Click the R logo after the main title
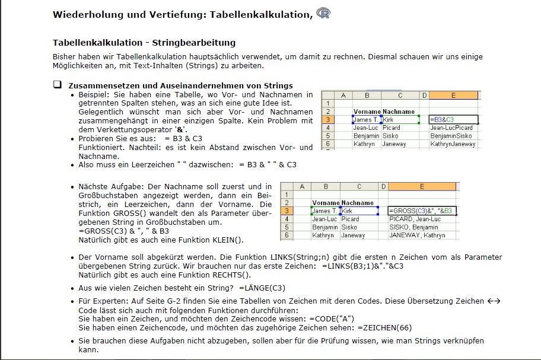point(323,13)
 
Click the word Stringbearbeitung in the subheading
point(194,43)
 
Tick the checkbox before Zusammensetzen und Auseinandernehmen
point(58,85)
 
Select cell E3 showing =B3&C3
point(453,120)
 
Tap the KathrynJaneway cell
point(453,144)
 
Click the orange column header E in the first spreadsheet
point(453,95)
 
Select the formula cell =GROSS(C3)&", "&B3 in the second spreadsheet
point(422,211)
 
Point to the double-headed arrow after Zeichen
point(494,301)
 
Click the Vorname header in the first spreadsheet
point(367,111)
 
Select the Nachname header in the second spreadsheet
point(358,203)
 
